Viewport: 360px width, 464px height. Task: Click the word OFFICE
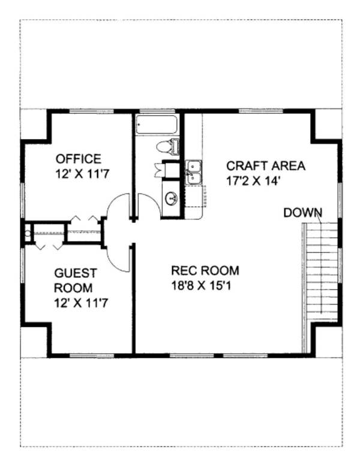coord(78,159)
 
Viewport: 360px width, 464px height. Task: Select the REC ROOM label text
coord(205,270)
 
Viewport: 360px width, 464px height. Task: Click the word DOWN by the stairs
coord(302,212)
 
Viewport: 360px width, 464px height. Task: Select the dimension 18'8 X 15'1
coord(201,285)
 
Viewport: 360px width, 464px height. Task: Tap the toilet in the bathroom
coord(168,146)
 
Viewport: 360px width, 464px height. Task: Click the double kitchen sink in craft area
coord(193,171)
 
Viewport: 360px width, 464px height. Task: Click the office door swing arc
coord(118,206)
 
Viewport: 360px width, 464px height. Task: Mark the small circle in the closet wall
coord(27,228)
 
